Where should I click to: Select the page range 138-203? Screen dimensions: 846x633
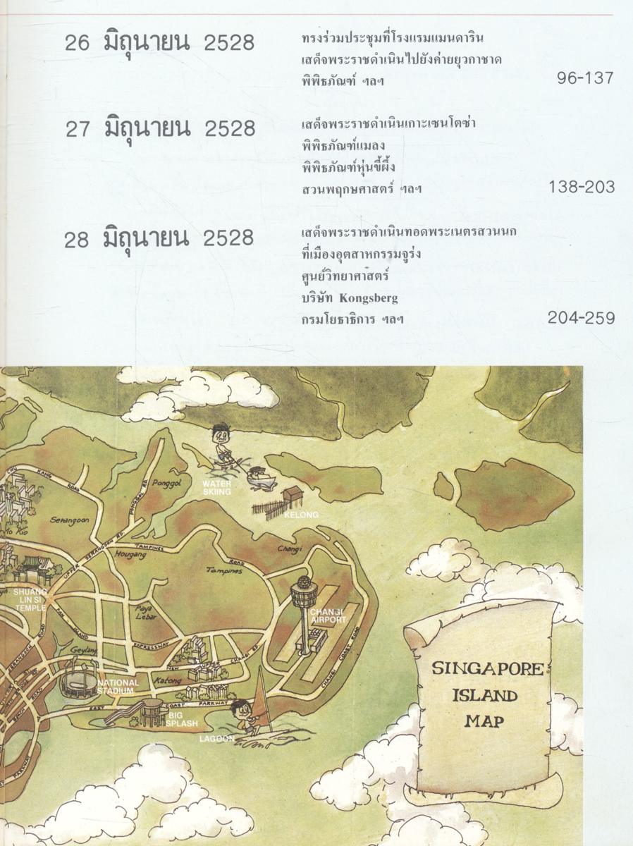click(580, 188)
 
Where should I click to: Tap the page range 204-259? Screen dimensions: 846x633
click(580, 319)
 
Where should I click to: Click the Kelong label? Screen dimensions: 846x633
click(301, 515)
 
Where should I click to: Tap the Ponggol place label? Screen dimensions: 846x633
click(167, 478)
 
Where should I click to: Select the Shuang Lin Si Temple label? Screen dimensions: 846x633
click(30, 600)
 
